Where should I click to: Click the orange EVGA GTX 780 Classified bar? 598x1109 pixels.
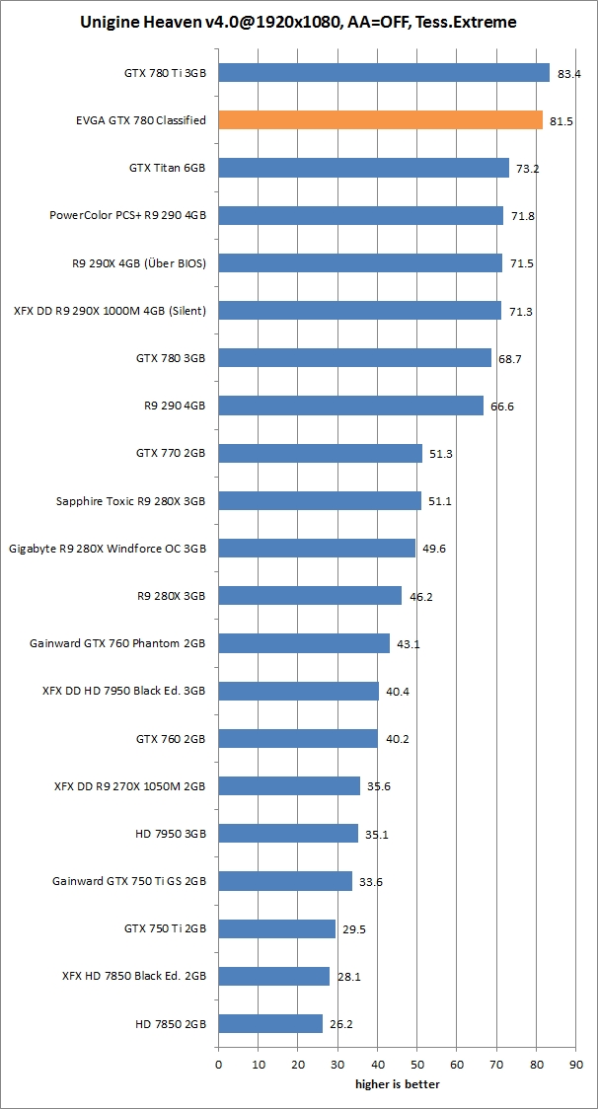(380, 120)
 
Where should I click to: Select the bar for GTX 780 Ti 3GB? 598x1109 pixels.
(384, 72)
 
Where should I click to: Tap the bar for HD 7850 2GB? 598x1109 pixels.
(270, 1023)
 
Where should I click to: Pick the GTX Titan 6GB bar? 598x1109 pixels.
(363, 168)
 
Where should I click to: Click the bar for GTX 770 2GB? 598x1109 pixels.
(320, 453)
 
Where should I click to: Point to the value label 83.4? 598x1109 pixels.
(568, 73)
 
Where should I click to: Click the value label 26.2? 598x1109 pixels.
(341, 1024)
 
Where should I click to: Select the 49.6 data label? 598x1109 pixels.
(434, 549)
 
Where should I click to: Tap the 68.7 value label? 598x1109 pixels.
(510, 358)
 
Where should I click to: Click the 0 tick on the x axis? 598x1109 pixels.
(218, 1065)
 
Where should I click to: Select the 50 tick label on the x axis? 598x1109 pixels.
(417, 1065)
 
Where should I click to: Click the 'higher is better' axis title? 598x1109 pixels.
(398, 1084)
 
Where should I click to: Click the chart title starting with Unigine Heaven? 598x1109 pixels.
(298, 21)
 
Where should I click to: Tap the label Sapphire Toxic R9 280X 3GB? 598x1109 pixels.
(130, 501)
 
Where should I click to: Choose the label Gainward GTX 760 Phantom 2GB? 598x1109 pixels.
(117, 643)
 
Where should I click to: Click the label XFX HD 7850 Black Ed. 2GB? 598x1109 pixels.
(133, 976)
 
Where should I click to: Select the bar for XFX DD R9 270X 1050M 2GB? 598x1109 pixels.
(289, 785)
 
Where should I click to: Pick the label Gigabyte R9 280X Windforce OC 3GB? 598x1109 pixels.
(107, 549)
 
